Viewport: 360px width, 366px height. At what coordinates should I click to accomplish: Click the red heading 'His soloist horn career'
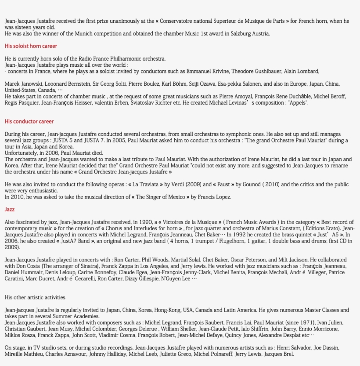pyautogui.click(x=31, y=46)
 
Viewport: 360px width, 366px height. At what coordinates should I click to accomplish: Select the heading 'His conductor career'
pyautogui.click(x=29, y=122)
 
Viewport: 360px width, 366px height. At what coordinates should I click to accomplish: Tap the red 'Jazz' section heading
pyautogui.click(x=10, y=210)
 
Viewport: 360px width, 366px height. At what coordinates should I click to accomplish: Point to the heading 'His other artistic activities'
pyautogui.click(x=35, y=297)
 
